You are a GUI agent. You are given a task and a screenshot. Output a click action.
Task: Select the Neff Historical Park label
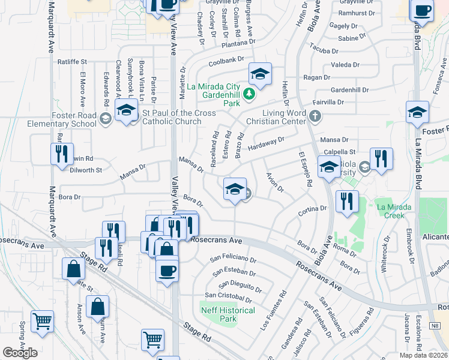click(x=228, y=314)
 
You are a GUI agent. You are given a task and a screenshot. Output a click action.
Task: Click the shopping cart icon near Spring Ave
click(x=43, y=323)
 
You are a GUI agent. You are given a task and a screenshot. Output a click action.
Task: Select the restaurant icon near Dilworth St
click(x=62, y=154)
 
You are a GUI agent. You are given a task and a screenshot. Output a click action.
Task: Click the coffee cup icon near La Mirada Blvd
click(x=422, y=10)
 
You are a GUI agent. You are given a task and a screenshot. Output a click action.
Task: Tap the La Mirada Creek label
click(x=394, y=211)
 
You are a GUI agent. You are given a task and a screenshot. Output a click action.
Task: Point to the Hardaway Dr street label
click(x=265, y=143)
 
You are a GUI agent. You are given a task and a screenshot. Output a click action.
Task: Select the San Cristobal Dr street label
click(x=229, y=296)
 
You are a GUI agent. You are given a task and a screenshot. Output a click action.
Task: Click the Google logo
click(x=20, y=353)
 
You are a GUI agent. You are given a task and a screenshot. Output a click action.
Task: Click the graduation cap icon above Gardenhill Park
click(x=260, y=74)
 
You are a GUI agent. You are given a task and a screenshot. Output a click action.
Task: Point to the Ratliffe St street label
click(x=72, y=61)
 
